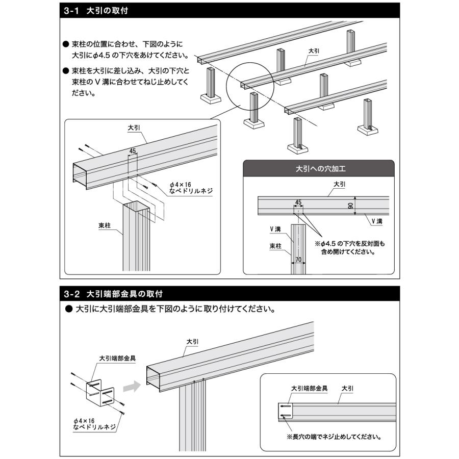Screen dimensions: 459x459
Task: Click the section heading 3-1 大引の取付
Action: point(95,10)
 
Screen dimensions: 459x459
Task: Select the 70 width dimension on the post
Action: point(298,259)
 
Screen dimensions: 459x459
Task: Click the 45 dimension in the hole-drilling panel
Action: point(298,202)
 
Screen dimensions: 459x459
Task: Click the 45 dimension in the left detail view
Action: point(133,151)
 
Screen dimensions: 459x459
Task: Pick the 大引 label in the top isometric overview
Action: point(314,52)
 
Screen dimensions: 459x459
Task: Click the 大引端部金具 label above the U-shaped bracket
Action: point(117,358)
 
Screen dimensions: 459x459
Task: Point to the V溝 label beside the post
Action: point(275,229)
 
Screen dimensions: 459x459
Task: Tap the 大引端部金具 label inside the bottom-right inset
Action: point(309,388)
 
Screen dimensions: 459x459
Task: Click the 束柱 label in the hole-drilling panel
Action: point(275,246)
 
